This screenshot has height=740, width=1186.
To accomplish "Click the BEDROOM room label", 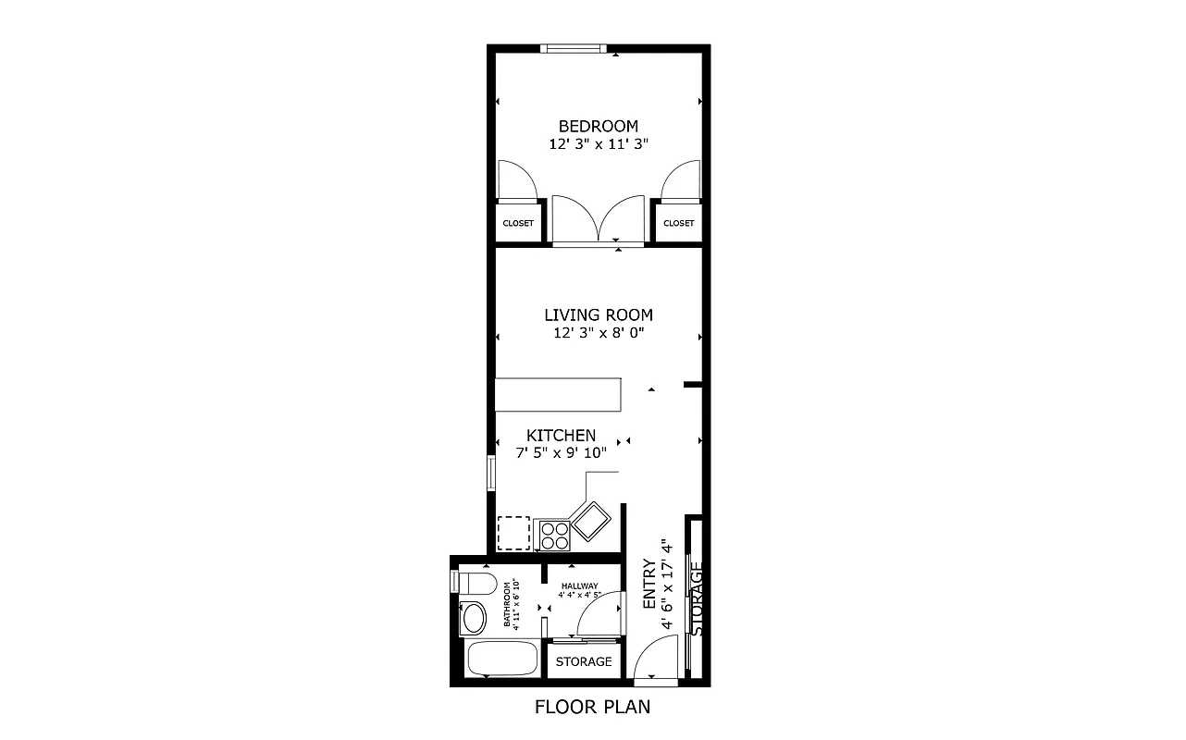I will pyautogui.click(x=598, y=126).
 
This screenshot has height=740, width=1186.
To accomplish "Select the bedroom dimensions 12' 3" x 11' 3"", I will pyautogui.click(x=598, y=144).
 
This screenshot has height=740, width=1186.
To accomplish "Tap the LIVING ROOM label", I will pyautogui.click(x=598, y=315).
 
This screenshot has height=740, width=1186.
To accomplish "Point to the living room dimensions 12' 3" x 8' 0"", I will pyautogui.click(x=598, y=333).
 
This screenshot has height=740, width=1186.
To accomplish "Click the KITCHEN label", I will pyautogui.click(x=561, y=435).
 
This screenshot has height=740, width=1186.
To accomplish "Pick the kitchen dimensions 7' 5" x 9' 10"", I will pyautogui.click(x=561, y=453).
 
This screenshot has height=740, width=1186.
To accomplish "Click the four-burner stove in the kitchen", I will pyautogui.click(x=554, y=535).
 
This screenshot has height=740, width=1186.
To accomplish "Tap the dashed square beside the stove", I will pyautogui.click(x=513, y=532).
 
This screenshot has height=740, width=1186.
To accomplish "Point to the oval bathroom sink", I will pyautogui.click(x=474, y=617).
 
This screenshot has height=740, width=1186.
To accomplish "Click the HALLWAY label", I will pyautogui.click(x=579, y=586).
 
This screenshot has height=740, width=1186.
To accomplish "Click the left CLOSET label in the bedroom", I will pyautogui.click(x=518, y=223).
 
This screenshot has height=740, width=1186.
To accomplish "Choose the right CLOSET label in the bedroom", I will pyautogui.click(x=678, y=223).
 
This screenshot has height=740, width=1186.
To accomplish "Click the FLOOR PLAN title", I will pyautogui.click(x=592, y=708).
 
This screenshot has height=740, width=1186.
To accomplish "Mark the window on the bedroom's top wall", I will pyautogui.click(x=574, y=48).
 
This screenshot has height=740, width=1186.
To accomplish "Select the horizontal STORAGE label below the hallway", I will pyautogui.click(x=584, y=662).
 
